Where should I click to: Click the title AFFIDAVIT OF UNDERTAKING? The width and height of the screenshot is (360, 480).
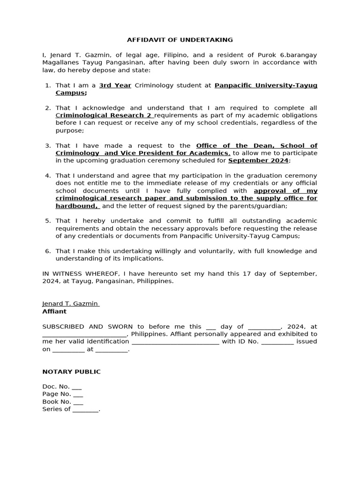(x=180, y=40)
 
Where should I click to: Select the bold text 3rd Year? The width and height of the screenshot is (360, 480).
(x=115, y=85)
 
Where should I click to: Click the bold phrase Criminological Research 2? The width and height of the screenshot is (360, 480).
(x=104, y=115)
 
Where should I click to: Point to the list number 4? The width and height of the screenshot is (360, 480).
(x=48, y=176)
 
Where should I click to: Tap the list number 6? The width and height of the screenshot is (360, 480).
(x=48, y=251)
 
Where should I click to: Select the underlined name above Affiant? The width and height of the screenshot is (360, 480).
(x=70, y=304)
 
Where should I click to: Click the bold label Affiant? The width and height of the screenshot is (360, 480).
(x=54, y=311)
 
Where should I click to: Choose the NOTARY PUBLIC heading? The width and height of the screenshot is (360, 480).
(x=71, y=372)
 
